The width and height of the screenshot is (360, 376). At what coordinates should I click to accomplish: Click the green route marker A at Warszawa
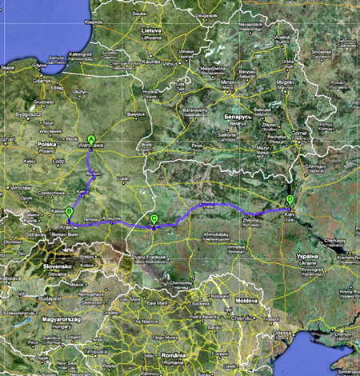point(91,138)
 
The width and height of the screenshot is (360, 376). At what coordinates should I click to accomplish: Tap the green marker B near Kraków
point(69,212)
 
